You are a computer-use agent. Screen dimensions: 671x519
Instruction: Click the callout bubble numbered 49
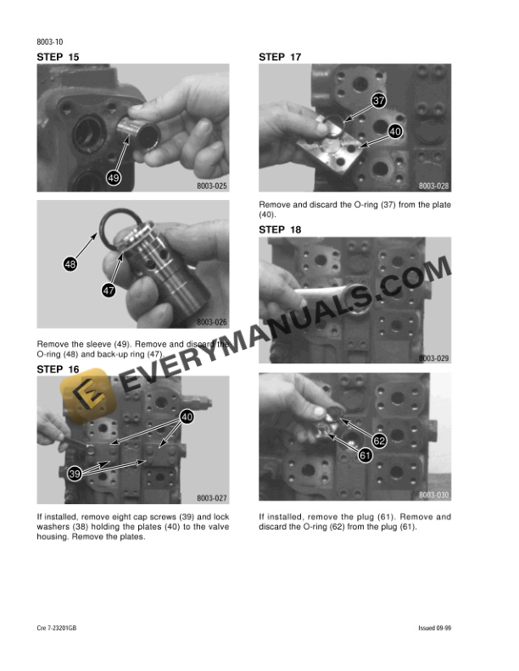tap(114, 177)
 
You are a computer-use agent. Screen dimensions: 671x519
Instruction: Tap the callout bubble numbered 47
tap(109, 291)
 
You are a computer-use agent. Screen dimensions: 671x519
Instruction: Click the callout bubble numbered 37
tap(378, 101)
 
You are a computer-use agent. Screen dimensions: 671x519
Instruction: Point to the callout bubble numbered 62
tap(379, 441)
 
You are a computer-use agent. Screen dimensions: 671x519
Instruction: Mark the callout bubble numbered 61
tap(366, 456)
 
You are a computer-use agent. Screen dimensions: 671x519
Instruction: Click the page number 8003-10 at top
tap(51, 41)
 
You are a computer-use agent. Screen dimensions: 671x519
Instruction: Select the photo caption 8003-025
tap(212, 186)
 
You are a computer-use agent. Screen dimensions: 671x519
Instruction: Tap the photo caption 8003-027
tap(212, 498)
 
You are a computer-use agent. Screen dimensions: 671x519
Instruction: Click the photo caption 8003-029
tap(433, 358)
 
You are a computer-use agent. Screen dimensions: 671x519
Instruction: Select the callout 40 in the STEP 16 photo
tap(187, 417)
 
